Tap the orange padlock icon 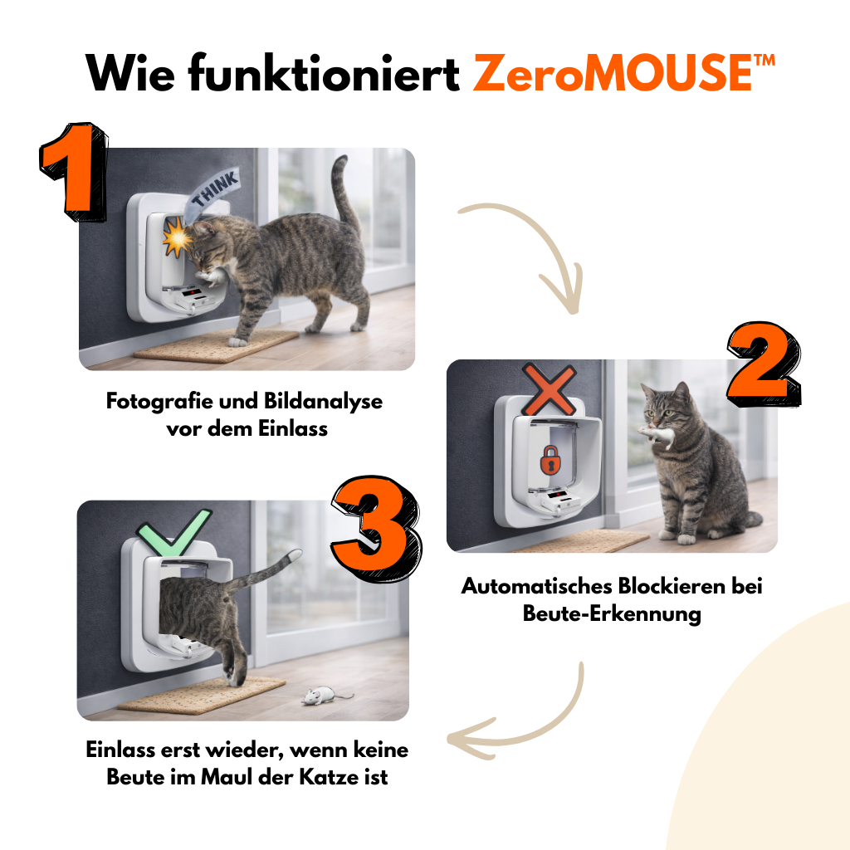tap(550, 459)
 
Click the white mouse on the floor tap(318, 695)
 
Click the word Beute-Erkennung tap(612, 613)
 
